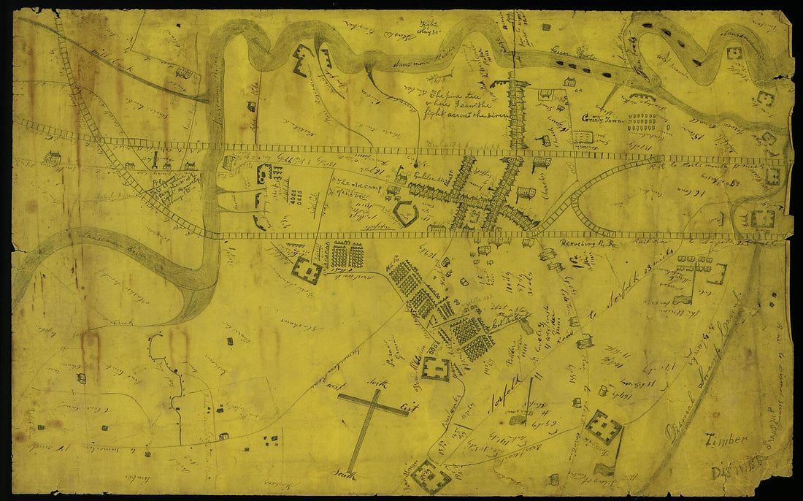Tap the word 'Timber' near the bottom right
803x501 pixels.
tap(726, 439)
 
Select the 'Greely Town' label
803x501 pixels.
tap(599, 119)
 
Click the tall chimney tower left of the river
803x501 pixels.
tap(155, 158)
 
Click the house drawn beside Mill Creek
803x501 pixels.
tap(185, 73)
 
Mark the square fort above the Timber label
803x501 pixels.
tap(604, 427)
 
